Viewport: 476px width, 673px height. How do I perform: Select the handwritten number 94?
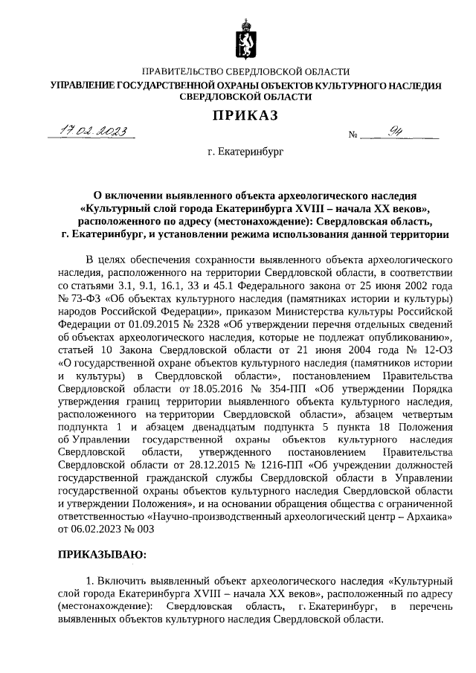406,132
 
